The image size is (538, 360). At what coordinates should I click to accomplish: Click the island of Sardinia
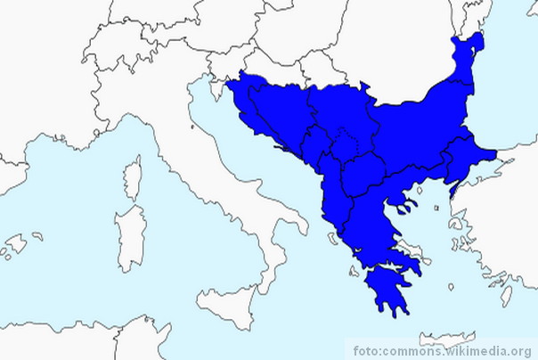(x=130, y=237)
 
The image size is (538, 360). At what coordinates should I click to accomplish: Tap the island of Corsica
(x=133, y=177)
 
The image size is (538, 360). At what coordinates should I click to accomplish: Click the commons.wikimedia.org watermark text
(x=444, y=349)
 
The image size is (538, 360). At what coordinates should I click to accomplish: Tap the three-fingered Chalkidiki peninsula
(x=405, y=203)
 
